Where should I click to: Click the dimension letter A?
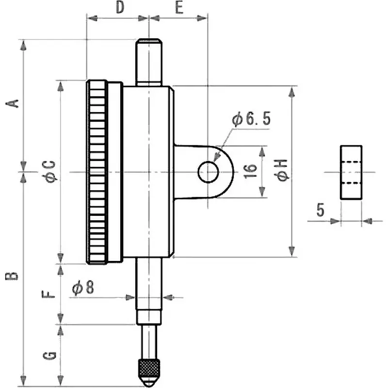coord(14,103)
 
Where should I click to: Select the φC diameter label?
coord(50,172)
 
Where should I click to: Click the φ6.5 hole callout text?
coord(251,119)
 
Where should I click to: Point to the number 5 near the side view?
coord(320,210)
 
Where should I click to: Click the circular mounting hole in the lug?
coord(208,172)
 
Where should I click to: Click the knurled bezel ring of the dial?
coord(97,172)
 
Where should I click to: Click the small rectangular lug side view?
coord(351,172)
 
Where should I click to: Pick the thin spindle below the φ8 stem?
coord(148,342)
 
